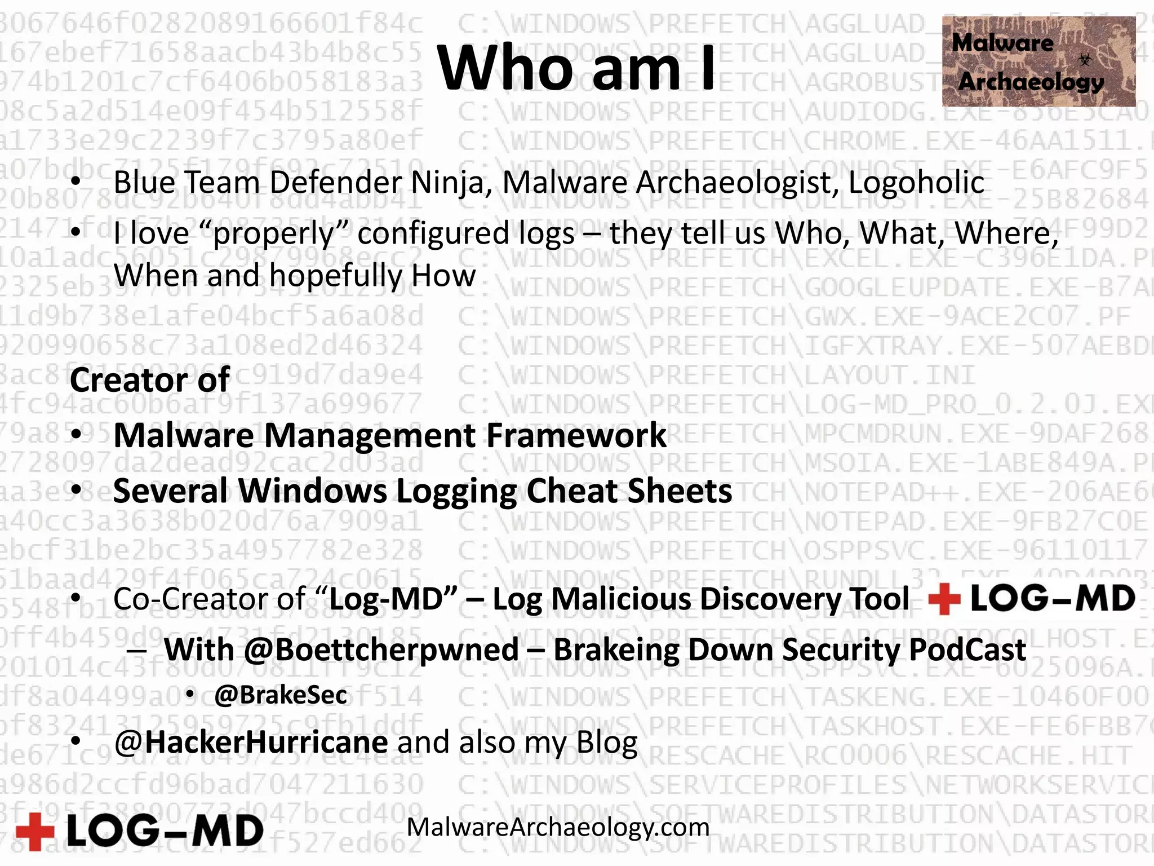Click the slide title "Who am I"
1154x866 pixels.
click(576, 68)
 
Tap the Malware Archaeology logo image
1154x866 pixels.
click(1038, 61)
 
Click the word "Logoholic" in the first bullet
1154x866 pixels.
click(916, 183)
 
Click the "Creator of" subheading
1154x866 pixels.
click(149, 379)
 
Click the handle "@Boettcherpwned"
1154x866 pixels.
click(381, 649)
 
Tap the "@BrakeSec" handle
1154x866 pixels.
click(280, 695)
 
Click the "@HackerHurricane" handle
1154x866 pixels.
click(251, 742)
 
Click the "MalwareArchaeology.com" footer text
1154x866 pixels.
click(558, 827)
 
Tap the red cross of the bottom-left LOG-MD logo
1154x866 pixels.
click(35, 831)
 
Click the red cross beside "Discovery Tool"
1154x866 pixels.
click(944, 599)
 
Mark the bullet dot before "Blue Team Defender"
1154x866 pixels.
click(76, 183)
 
